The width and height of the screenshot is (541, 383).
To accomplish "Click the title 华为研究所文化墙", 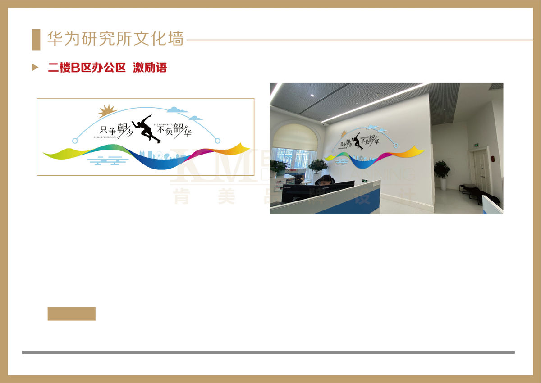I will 115,39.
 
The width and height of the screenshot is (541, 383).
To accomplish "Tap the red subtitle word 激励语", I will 150,68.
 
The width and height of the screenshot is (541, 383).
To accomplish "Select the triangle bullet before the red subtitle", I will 35,68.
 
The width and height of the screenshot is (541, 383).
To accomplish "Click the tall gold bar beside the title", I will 36,40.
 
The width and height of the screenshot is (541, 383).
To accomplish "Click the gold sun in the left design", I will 107,110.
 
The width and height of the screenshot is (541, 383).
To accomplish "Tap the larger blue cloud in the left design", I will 177,109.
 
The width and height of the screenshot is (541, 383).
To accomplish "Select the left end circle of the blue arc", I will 75,141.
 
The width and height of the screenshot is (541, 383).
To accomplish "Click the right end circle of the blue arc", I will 217,141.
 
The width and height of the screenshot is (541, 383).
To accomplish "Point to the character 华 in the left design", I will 186,133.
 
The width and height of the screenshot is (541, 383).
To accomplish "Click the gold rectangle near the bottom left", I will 71,314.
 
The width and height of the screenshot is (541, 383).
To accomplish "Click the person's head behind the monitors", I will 325,179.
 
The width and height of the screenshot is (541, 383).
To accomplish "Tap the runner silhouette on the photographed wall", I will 357,141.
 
